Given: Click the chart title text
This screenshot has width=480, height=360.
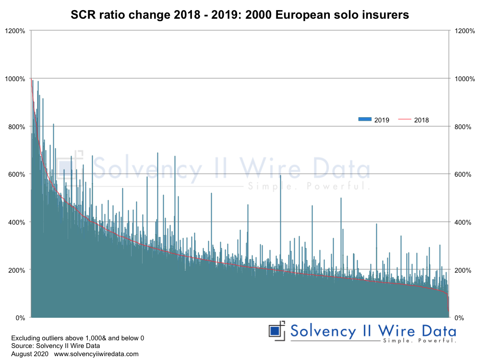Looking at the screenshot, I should tap(240, 15).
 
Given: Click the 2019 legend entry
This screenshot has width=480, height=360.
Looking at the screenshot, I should tap(373, 120).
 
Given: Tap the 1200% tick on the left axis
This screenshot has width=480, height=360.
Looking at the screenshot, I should tap(16, 31).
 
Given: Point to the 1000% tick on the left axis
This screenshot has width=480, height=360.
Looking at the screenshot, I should tap(16, 79).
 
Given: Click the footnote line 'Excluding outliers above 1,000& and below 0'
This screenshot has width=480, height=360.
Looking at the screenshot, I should tap(77, 338).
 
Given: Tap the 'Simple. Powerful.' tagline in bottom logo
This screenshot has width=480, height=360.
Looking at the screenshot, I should tap(419, 341).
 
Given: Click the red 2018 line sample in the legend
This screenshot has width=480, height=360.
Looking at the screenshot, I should tap(405, 120).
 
